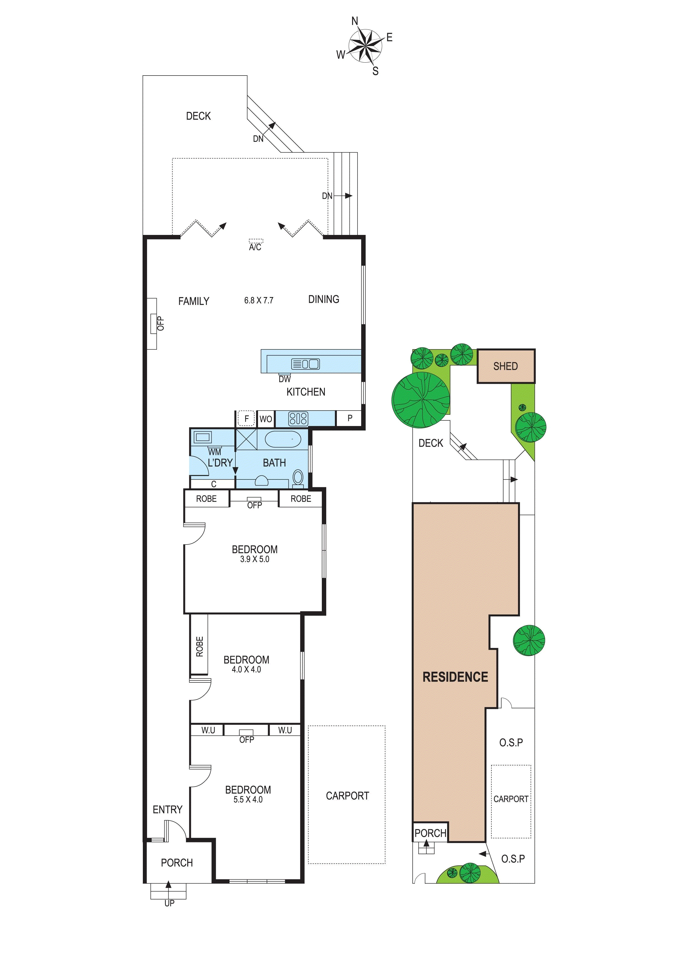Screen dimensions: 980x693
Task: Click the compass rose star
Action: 365,45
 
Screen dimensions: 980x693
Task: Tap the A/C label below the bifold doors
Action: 255,247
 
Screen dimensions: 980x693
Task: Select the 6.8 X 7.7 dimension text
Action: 259,300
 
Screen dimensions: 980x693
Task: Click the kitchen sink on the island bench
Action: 305,364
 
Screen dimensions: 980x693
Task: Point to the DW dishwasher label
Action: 285,379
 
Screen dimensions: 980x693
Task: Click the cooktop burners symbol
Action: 298,419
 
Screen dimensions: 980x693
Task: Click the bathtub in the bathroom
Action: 283,439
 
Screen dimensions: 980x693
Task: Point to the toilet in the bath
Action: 298,478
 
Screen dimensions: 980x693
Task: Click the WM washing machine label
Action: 215,452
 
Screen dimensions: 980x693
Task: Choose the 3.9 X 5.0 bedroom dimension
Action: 254,559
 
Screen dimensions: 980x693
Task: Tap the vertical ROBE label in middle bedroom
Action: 199,647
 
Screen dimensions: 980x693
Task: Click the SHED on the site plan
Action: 506,366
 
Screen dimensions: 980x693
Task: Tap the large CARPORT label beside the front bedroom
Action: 347,796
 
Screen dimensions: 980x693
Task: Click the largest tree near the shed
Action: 421,400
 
